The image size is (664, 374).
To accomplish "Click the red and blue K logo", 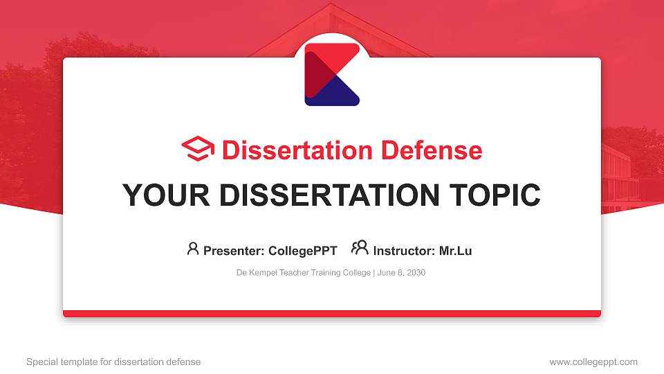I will tap(332, 74).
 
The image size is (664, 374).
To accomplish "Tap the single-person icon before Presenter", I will tap(193, 249).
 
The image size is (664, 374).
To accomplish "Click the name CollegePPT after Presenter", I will tap(302, 251).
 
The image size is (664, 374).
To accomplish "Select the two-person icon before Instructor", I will tap(360, 249).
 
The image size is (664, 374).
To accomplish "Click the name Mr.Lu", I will tap(455, 251).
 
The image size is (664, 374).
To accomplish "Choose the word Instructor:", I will tap(404, 251).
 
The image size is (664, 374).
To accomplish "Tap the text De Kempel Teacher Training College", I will tap(303, 273).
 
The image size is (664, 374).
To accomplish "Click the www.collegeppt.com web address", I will tap(593, 362).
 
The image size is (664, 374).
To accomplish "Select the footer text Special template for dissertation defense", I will tap(113, 362).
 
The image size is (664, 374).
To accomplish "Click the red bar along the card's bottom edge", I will tap(332, 314).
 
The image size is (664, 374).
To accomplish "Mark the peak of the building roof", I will tap(331, 6).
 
